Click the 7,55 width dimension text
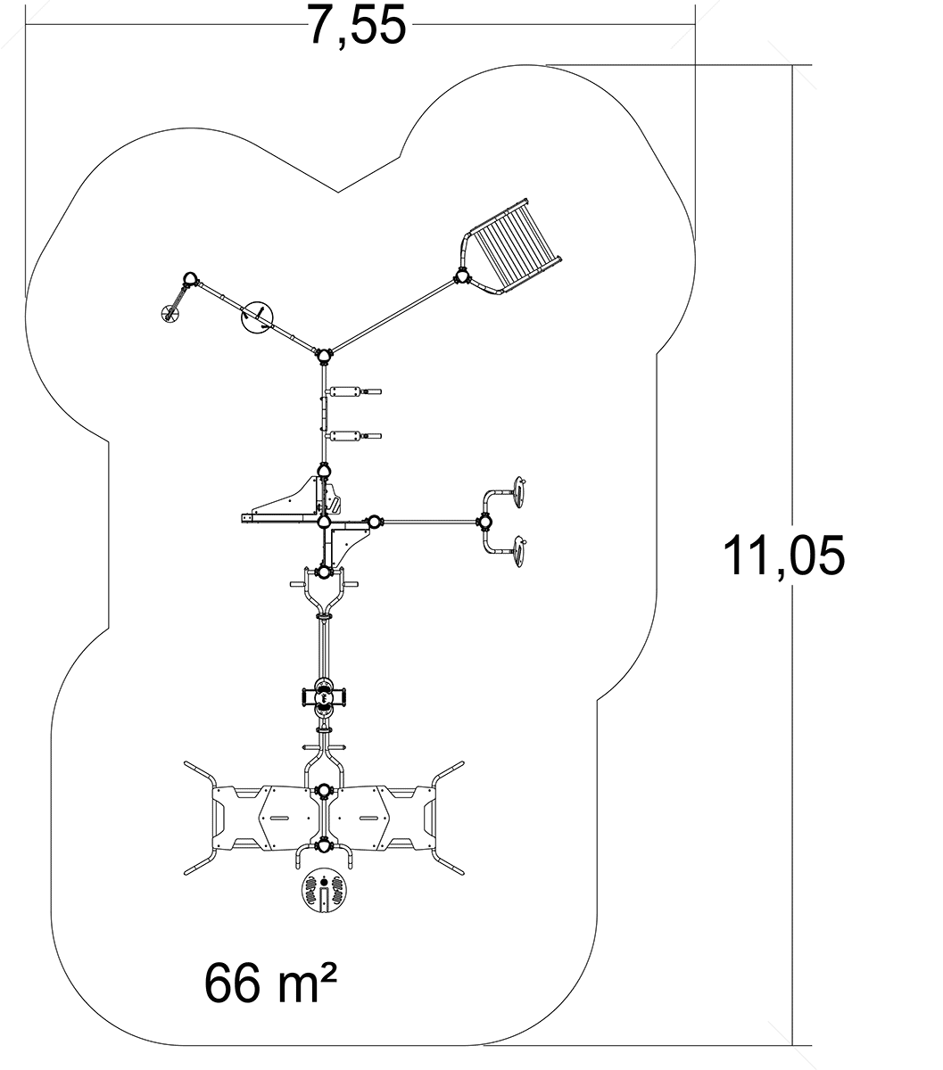coord(358,25)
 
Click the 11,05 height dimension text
coord(783,556)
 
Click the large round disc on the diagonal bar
coord(258,317)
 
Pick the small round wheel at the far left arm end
coord(170,313)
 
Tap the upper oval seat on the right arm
coord(518,491)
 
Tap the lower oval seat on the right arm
coord(518,552)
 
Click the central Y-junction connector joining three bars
coord(324,355)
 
